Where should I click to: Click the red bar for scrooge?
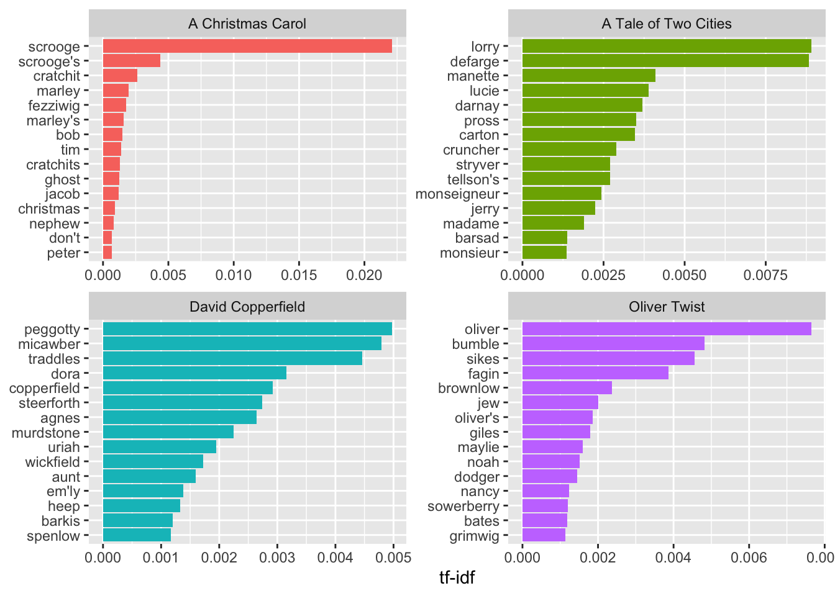pyautogui.click(x=247, y=46)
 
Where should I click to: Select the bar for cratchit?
pyautogui.click(x=120, y=76)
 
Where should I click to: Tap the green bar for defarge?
pyautogui.click(x=665, y=61)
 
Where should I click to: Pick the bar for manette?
pyautogui.click(x=588, y=76)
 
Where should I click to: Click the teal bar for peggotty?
pyautogui.click(x=247, y=329)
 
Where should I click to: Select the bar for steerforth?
pyautogui.click(x=182, y=403)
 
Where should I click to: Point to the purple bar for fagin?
pyautogui.click(x=595, y=373)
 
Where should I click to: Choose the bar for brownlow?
pyautogui.click(x=567, y=388)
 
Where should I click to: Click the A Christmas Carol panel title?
pyautogui.click(x=247, y=24)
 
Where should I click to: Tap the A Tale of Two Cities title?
pyautogui.click(x=667, y=24)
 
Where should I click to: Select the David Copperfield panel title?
pyautogui.click(x=247, y=307)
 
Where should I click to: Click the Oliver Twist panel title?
pyautogui.click(x=667, y=307)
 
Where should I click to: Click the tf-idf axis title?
pyautogui.click(x=457, y=578)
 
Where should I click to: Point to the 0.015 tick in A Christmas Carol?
pyautogui.click(x=299, y=274)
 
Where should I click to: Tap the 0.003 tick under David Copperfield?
pyautogui.click(x=277, y=558)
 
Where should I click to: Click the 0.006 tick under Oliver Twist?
pyautogui.click(x=749, y=558)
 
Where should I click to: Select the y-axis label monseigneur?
pyautogui.click(x=457, y=194)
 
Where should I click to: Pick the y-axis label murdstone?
pyautogui.click(x=45, y=433)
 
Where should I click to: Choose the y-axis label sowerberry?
pyautogui.click(x=463, y=507)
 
